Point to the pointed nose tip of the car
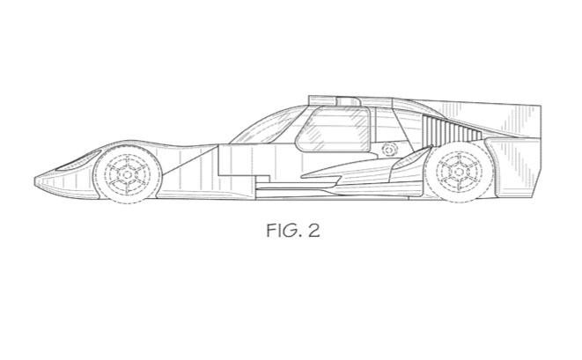tap(36, 180)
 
